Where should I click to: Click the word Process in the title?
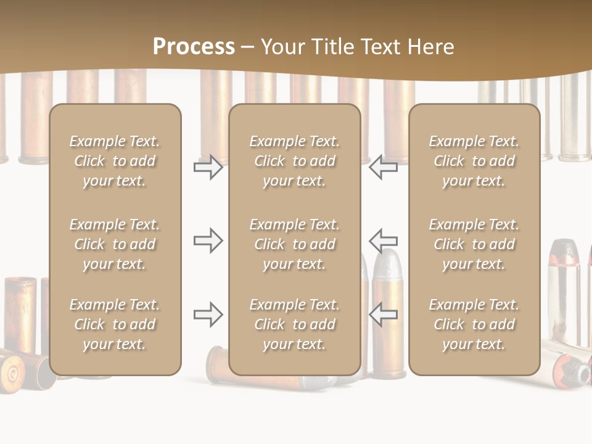(x=194, y=47)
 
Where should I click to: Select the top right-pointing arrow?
(x=208, y=167)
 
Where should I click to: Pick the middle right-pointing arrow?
(x=208, y=240)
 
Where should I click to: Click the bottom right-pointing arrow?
(x=208, y=314)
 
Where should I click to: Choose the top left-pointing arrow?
(x=383, y=167)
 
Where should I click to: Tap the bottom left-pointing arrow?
(x=383, y=314)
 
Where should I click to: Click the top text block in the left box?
(x=115, y=161)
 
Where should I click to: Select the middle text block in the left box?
(x=115, y=244)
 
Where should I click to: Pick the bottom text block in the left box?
(x=115, y=324)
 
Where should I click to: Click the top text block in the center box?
(x=295, y=161)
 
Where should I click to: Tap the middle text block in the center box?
(x=295, y=244)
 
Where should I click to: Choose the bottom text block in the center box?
(x=295, y=324)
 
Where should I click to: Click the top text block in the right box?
(x=474, y=161)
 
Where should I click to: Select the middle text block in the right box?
(x=474, y=244)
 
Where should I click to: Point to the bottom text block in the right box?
(x=474, y=324)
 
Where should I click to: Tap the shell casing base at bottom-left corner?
(x=12, y=371)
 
